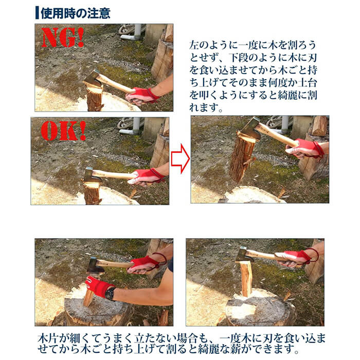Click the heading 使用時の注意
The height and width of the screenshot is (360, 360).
(75, 13)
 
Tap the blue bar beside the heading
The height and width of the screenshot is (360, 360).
(37, 13)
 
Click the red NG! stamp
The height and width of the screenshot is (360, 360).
(62, 38)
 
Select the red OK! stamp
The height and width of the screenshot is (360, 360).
(63, 131)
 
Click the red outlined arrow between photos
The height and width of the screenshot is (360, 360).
(180, 158)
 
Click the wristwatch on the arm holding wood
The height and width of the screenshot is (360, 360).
(111, 294)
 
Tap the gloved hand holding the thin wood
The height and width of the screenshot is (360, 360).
(99, 287)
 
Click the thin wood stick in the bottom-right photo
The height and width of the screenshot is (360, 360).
(246, 279)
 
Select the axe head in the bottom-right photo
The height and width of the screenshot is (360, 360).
(244, 255)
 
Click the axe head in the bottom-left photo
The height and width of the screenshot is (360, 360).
(95, 266)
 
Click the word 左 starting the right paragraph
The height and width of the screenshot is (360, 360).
(194, 45)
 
